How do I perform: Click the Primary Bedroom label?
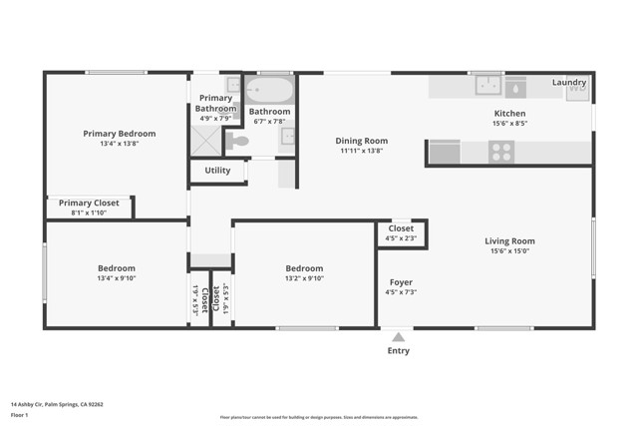click(119, 134)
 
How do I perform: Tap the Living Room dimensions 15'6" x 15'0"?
click(509, 251)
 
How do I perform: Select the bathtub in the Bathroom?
click(269, 90)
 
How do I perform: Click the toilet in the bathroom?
click(237, 142)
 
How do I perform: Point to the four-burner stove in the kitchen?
click(501, 152)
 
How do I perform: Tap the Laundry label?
click(569, 82)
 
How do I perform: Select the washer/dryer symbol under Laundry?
click(577, 93)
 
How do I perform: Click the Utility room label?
click(217, 171)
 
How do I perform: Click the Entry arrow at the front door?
click(398, 336)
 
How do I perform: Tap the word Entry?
click(398, 350)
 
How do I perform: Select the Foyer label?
click(401, 282)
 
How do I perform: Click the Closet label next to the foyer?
click(401, 228)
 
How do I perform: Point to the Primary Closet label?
click(89, 203)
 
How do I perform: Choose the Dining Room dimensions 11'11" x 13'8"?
click(361, 152)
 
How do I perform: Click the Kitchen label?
click(509, 114)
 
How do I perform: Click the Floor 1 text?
click(20, 414)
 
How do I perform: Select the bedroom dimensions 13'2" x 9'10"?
click(304, 279)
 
